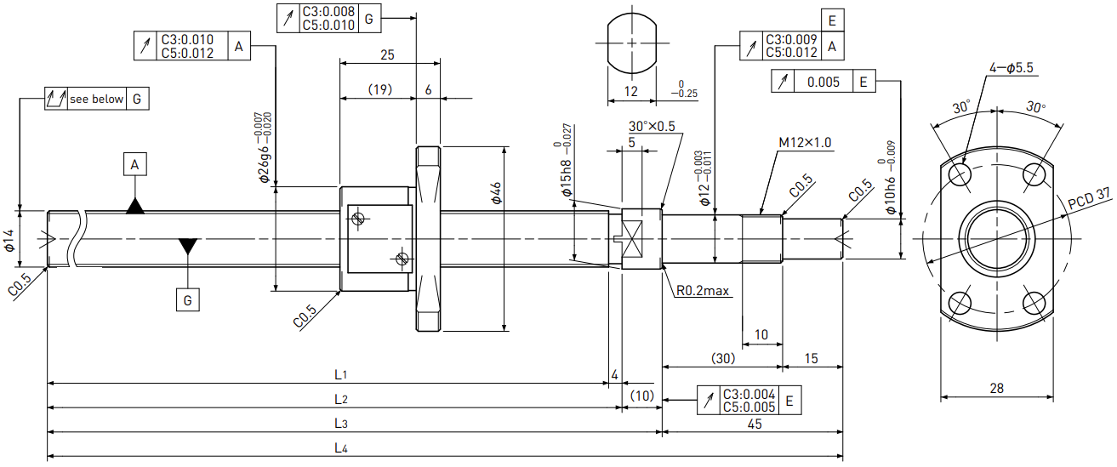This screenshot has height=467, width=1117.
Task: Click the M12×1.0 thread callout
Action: click(x=805, y=143)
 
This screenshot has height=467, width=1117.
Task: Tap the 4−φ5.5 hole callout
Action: click(x=1012, y=68)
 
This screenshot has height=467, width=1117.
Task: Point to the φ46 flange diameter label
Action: click(x=496, y=193)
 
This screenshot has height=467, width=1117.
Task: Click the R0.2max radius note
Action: click(x=703, y=291)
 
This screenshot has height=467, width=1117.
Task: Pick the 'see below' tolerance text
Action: click(x=96, y=99)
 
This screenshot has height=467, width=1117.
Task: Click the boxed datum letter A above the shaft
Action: click(x=134, y=164)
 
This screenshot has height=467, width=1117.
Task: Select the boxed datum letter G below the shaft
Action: click(x=187, y=300)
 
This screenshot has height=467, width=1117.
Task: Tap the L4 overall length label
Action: click(x=341, y=448)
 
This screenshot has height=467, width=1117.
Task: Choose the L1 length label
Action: click(x=340, y=375)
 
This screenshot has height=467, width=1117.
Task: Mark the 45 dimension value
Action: click(x=755, y=424)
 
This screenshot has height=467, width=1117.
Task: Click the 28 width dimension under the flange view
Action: click(x=996, y=388)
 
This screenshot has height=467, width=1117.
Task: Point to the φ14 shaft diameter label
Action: click(x=10, y=240)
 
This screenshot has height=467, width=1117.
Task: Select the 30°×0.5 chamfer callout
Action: click(x=652, y=126)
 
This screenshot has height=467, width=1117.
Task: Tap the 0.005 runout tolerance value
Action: click(x=824, y=82)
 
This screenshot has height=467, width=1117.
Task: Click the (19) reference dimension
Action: click(x=380, y=89)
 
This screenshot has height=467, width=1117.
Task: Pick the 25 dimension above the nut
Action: click(x=387, y=54)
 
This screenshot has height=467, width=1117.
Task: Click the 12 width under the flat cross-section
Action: click(x=630, y=92)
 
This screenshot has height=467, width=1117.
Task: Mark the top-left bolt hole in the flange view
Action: click(x=960, y=175)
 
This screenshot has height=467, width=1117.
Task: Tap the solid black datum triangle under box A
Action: click(x=135, y=206)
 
